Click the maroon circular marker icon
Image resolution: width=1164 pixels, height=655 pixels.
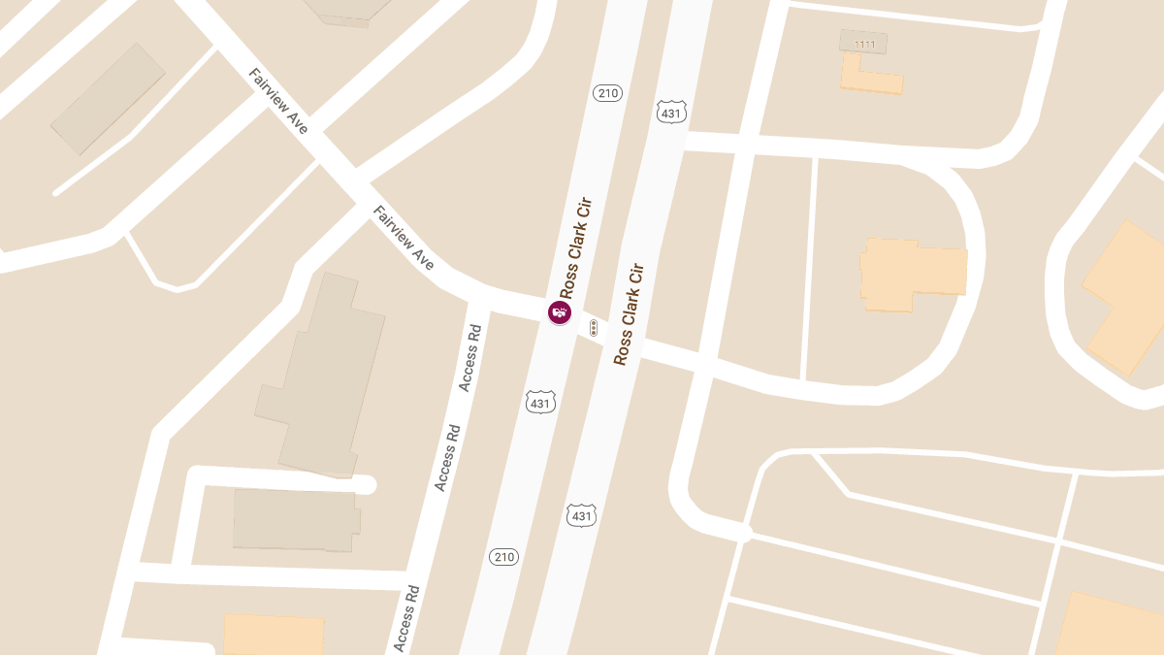click(x=560, y=312)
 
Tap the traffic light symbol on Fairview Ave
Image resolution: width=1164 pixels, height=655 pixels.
click(x=594, y=328)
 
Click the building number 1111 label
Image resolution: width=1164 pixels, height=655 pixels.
click(x=863, y=44)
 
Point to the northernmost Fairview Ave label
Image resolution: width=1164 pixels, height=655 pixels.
click(x=278, y=101)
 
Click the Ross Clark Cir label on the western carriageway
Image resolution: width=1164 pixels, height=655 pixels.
click(x=575, y=248)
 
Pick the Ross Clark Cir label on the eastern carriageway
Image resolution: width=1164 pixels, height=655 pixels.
click(x=629, y=313)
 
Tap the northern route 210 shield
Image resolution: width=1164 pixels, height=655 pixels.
click(x=607, y=93)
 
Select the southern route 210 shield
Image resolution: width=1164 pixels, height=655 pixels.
click(x=504, y=557)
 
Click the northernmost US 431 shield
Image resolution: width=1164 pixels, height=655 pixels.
click(x=671, y=112)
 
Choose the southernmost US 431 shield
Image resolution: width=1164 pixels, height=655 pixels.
click(x=581, y=514)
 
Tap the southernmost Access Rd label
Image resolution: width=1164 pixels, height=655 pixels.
click(x=407, y=617)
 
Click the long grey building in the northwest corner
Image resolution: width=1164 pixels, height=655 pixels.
click(x=108, y=98)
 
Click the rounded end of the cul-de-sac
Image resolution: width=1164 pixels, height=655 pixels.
click(x=366, y=484)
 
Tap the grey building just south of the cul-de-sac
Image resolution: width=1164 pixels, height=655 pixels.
click(x=295, y=519)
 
